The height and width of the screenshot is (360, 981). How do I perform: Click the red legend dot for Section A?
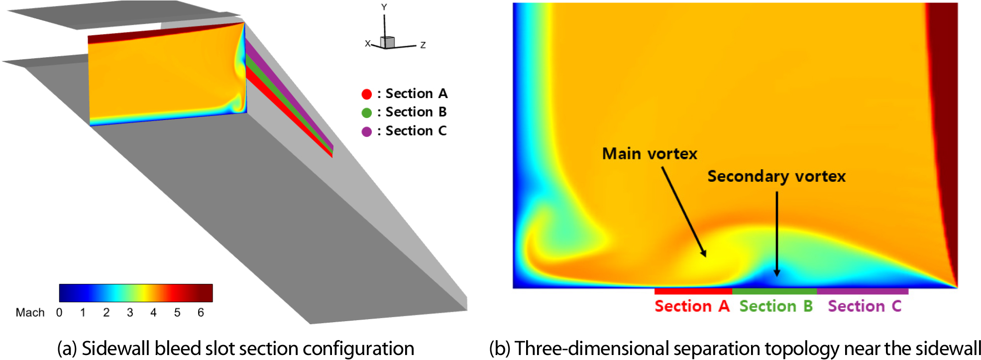point(367,94)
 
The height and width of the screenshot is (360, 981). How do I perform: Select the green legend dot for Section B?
point(367,113)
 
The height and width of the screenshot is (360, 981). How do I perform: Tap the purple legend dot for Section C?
point(367,132)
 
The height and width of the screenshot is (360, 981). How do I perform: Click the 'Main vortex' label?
point(650,154)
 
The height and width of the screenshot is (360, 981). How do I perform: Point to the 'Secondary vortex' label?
point(776,177)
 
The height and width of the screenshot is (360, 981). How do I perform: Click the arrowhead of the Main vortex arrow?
point(704,253)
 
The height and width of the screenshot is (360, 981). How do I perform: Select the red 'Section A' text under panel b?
point(692,306)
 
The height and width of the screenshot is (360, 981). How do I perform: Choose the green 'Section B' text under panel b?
point(776,306)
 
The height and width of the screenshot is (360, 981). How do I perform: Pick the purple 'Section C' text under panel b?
point(865,306)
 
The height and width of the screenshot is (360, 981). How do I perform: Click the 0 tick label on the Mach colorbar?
point(59,313)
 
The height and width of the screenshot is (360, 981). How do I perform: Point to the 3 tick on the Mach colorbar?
point(130,313)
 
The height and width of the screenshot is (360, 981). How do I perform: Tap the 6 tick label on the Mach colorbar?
point(201,313)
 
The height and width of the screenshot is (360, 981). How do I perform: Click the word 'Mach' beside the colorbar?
point(30,313)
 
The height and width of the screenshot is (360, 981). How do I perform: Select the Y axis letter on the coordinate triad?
point(384,7)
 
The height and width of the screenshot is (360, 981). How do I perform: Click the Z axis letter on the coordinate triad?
point(423,45)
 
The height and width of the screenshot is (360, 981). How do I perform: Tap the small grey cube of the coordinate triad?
point(388,42)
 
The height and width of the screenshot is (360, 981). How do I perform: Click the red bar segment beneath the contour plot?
point(693,291)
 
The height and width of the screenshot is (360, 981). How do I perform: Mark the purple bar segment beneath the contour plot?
point(863,291)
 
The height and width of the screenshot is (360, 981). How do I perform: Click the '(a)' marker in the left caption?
point(67,349)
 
